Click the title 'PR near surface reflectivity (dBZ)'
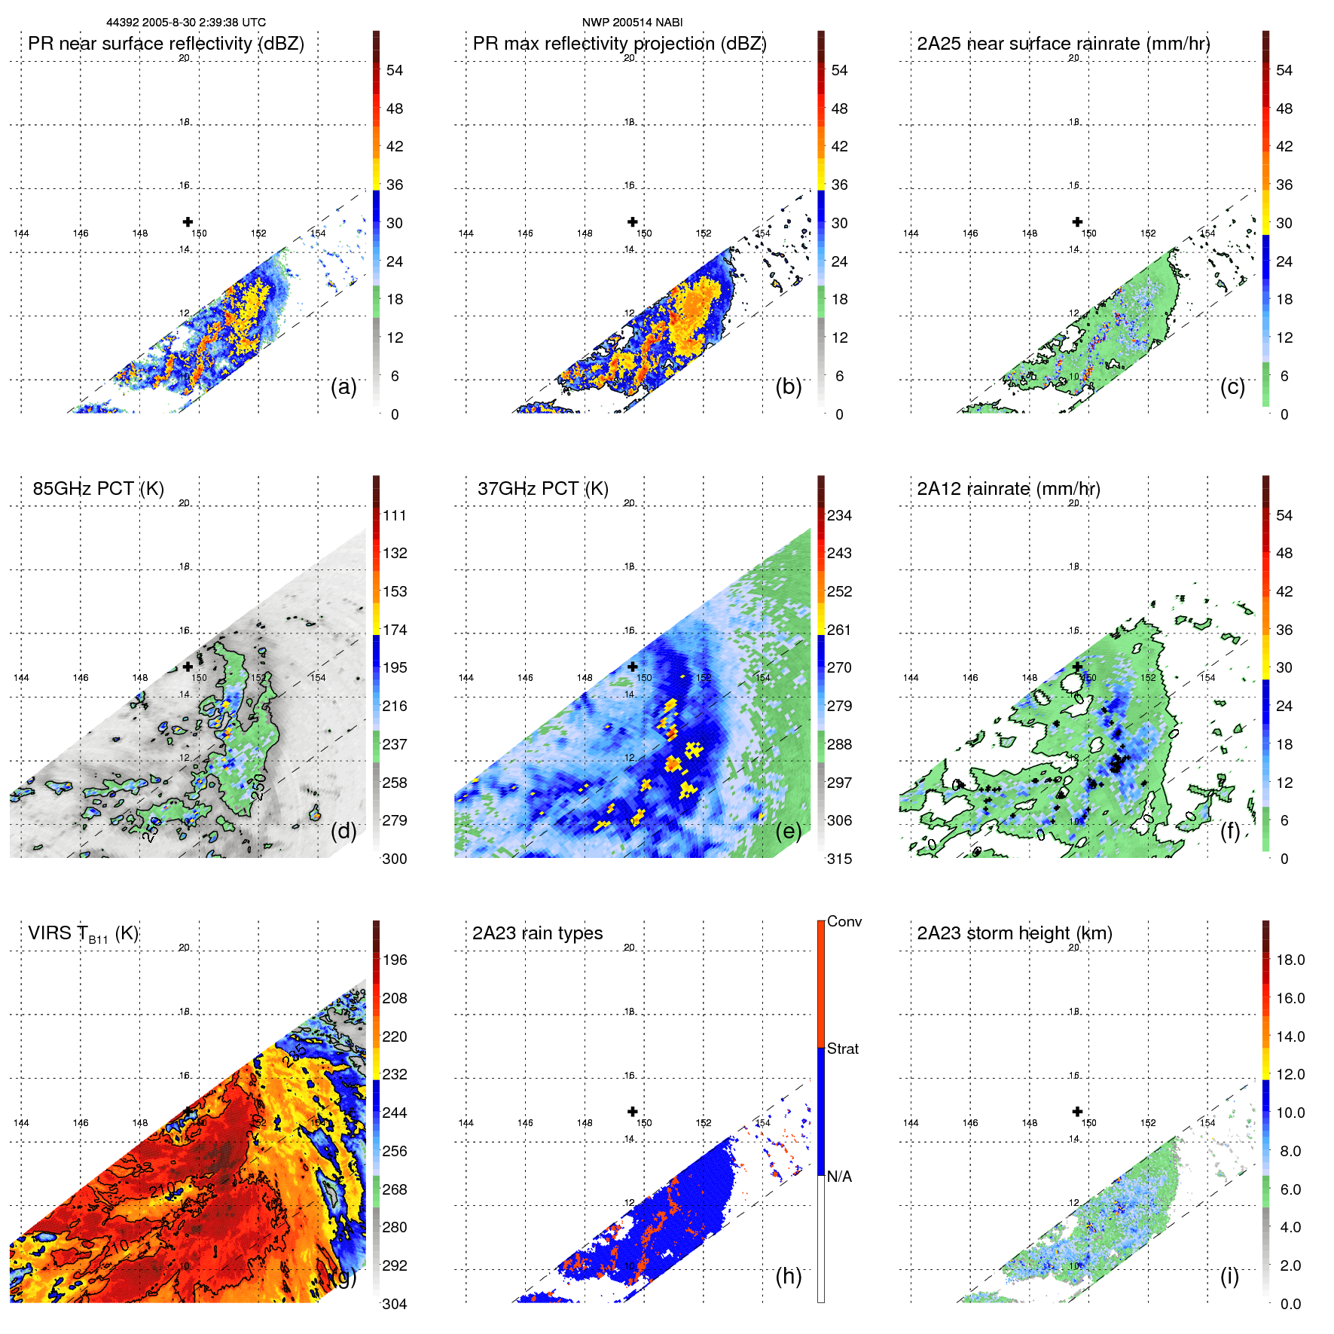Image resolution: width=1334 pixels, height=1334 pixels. [166, 44]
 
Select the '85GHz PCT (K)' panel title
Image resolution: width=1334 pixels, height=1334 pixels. [98, 489]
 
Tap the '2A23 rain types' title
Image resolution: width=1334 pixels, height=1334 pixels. [537, 933]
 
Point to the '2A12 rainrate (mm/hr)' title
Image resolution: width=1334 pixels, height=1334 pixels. [1009, 489]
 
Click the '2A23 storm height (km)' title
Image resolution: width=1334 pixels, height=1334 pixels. [1015, 933]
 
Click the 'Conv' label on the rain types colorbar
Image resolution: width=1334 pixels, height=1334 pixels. [844, 921]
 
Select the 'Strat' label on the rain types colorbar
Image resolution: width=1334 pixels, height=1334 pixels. [842, 1049]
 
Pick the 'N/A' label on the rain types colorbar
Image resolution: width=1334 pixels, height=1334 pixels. [839, 1177]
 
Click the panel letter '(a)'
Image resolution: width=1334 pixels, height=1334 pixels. [343, 386]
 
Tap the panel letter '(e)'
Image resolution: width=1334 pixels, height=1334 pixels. [788, 831]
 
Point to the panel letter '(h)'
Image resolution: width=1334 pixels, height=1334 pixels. [788, 1275]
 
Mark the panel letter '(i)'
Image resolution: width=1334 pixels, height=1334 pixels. [1229, 1275]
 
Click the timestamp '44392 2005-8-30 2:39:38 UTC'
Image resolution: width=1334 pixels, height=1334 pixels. [186, 23]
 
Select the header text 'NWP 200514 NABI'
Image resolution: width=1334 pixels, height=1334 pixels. [632, 23]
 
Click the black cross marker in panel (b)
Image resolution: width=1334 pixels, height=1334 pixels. [633, 221]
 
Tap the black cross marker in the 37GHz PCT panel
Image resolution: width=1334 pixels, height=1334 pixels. [633, 667]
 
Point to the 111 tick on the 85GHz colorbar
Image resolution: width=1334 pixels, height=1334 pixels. [395, 515]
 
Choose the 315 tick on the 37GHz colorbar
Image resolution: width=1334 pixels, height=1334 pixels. [839, 859]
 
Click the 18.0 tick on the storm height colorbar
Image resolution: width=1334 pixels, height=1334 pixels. [1290, 960]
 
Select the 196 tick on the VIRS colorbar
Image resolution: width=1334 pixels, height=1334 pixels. [395, 960]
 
